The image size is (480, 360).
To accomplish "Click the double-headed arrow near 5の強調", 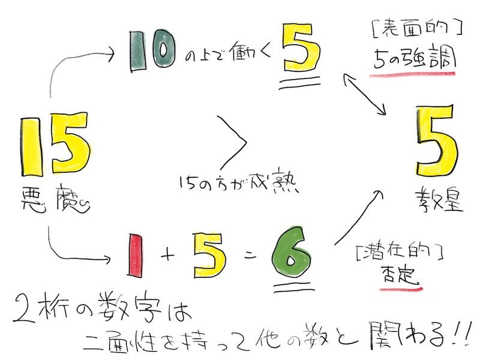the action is coord(364,92).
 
